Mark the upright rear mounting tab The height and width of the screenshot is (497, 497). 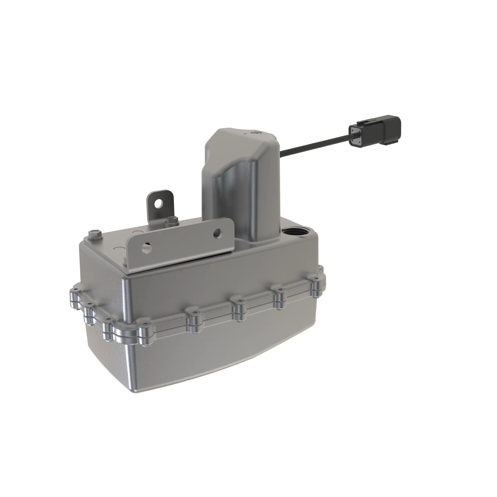[160, 206]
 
